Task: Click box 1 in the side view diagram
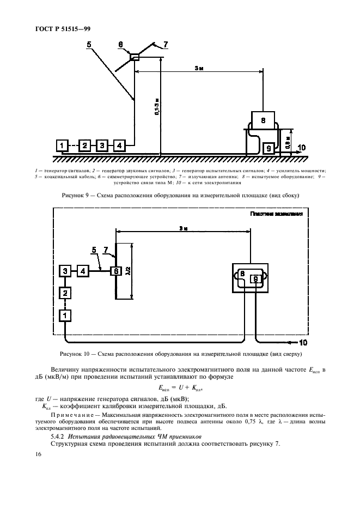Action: (63, 145)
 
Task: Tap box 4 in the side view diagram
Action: (119, 145)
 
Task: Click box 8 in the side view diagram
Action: (263, 120)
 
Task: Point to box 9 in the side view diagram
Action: (268, 148)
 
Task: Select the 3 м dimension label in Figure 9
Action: (199, 69)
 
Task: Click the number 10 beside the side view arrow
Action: (302, 147)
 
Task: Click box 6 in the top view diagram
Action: (115, 271)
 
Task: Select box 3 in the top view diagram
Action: (65, 271)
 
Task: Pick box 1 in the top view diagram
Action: (65, 315)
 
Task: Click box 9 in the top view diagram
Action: (254, 278)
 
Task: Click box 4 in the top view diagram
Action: (83, 271)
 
